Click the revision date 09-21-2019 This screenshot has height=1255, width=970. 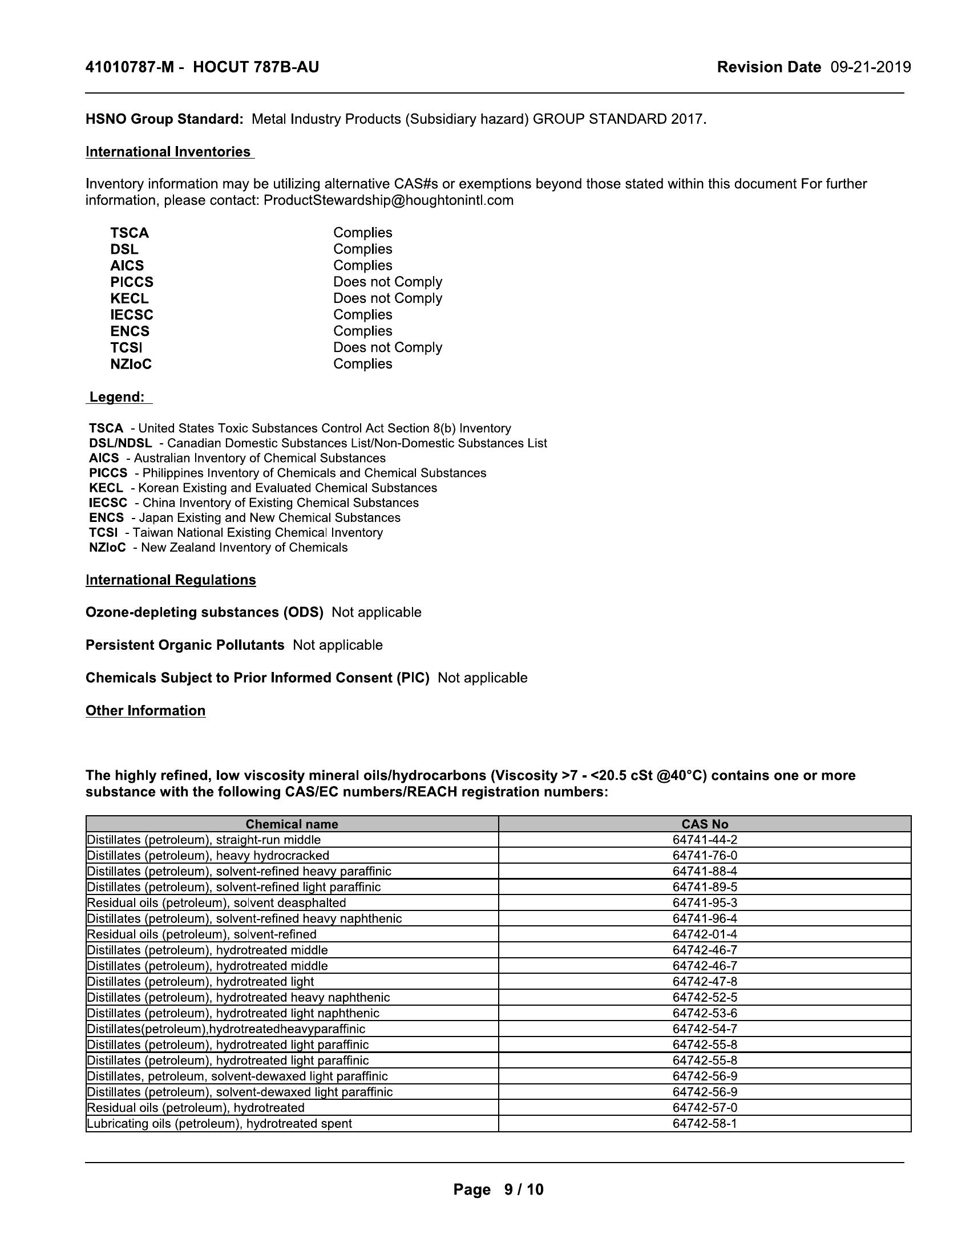click(871, 68)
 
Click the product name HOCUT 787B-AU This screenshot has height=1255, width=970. click(256, 68)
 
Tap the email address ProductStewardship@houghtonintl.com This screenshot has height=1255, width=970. click(389, 201)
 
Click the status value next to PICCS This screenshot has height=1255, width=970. click(387, 282)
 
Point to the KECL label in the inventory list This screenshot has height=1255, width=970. click(130, 299)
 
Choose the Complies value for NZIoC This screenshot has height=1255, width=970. click(362, 365)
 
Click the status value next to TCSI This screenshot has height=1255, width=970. click(387, 347)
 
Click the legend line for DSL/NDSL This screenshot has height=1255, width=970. click(318, 444)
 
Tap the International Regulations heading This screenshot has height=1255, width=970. click(171, 580)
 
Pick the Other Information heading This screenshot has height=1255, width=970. click(145, 711)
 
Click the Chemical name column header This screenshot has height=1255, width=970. click(292, 824)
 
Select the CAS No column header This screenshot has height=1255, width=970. click(705, 824)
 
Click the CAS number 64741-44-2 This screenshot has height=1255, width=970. click(705, 840)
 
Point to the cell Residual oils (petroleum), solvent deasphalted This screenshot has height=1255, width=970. click(217, 903)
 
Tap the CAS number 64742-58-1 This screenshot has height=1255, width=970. click(705, 1123)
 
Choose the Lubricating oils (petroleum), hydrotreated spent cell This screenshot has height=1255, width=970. click(219, 1123)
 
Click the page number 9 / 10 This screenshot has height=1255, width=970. click(523, 1189)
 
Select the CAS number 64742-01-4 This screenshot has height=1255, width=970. click(705, 934)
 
